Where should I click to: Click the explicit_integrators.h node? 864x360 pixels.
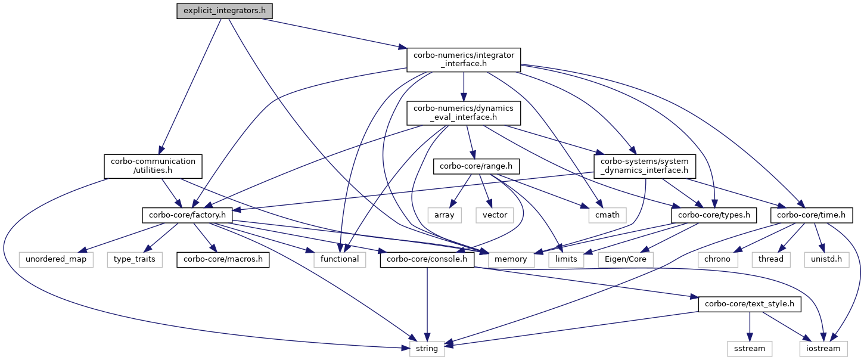click(x=225, y=11)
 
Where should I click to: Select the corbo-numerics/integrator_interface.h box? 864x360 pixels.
click(x=464, y=60)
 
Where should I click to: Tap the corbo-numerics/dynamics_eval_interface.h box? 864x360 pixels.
click(x=464, y=113)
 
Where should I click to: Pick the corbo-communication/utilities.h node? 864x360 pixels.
click(x=153, y=166)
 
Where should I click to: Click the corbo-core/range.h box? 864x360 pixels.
click(x=476, y=166)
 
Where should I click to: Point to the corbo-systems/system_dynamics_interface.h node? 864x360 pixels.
click(x=645, y=166)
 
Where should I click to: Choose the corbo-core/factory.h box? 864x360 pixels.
click(x=187, y=215)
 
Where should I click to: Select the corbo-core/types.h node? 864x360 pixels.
click(x=714, y=215)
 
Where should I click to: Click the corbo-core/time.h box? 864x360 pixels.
click(x=811, y=215)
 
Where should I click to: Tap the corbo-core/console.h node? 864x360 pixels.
click(x=427, y=259)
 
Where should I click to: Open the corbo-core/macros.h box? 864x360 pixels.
click(x=223, y=259)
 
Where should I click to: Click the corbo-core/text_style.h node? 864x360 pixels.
click(x=750, y=304)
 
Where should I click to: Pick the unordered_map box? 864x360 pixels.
click(x=56, y=259)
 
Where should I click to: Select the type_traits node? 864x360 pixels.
click(x=135, y=259)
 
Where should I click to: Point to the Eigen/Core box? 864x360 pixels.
click(x=625, y=259)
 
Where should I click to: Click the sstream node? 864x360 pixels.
click(x=750, y=349)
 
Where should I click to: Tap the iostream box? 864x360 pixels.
click(x=823, y=349)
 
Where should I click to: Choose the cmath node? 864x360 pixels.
click(x=607, y=215)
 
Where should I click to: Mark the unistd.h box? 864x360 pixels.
click(x=826, y=259)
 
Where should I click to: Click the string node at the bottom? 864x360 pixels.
click(x=427, y=349)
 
